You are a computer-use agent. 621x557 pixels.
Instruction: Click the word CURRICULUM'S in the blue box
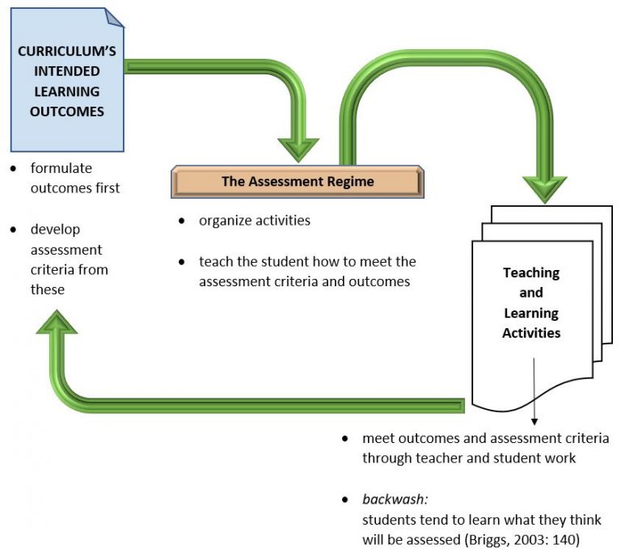click(66, 51)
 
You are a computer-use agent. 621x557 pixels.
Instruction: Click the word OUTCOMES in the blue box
click(66, 112)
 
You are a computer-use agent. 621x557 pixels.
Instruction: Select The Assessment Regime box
click(298, 181)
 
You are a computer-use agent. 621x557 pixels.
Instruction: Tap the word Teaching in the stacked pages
click(531, 272)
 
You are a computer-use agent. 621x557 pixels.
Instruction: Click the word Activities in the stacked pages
click(531, 332)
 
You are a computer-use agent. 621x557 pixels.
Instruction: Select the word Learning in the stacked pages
click(531, 313)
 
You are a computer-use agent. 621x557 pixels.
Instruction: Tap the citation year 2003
click(530, 539)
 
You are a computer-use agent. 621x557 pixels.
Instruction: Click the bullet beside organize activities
click(182, 221)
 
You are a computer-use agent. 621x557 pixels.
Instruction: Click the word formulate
click(61, 168)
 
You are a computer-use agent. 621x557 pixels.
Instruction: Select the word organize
click(223, 221)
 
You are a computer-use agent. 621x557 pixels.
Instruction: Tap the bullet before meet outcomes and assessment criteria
click(345, 438)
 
